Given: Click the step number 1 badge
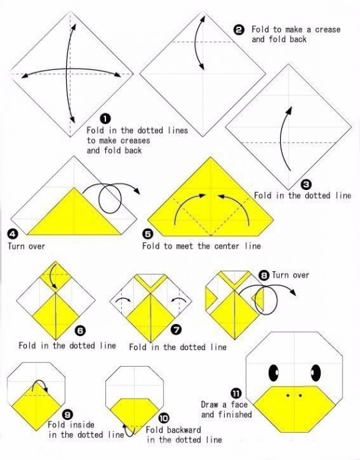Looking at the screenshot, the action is (x=105, y=119).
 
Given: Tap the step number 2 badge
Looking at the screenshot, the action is (x=239, y=30).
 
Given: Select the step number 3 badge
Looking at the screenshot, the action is (x=306, y=185).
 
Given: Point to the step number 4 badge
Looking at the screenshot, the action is (x=13, y=234).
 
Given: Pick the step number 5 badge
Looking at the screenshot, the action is (x=148, y=234).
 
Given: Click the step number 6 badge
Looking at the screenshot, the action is (x=80, y=331).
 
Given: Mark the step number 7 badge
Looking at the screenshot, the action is (x=176, y=330).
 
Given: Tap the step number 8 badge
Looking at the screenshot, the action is (x=265, y=275).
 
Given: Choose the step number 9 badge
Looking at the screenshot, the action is (x=68, y=414).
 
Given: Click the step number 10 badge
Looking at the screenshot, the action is (x=164, y=419).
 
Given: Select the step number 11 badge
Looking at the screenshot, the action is (x=236, y=393).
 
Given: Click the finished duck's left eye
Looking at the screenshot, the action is (x=274, y=373).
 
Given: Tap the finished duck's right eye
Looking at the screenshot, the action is (x=315, y=373).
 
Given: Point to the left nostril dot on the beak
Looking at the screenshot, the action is (x=288, y=396).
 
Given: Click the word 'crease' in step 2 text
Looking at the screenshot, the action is (x=328, y=29).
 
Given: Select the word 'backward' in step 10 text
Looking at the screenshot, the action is (x=184, y=430).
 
